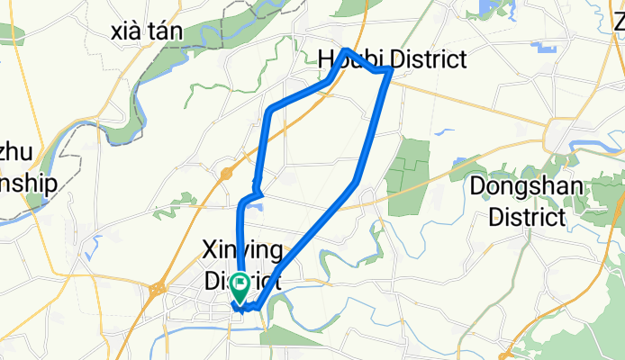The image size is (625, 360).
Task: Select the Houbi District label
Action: click(x=393, y=59)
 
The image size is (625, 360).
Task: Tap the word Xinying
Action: click(x=243, y=249)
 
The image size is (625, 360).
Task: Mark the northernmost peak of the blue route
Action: click(x=346, y=49)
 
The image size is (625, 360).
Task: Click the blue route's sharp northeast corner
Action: click(x=389, y=68)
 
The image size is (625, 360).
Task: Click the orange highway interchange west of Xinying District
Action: click(x=156, y=290)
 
